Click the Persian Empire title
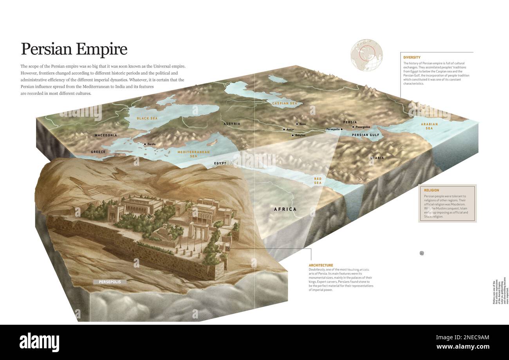[74, 49]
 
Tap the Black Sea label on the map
[147, 118]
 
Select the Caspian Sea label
[285, 103]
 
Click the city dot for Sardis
[145, 144]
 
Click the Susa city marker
[297, 124]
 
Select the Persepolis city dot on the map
[342, 129]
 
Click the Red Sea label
[318, 181]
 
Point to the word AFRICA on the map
[285, 209]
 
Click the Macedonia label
[106, 135]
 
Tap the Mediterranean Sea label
[193, 154]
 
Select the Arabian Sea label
[429, 126]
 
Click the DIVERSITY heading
[412, 58]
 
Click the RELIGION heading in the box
[431, 190]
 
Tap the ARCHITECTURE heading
[321, 265]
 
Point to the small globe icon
[366, 55]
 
